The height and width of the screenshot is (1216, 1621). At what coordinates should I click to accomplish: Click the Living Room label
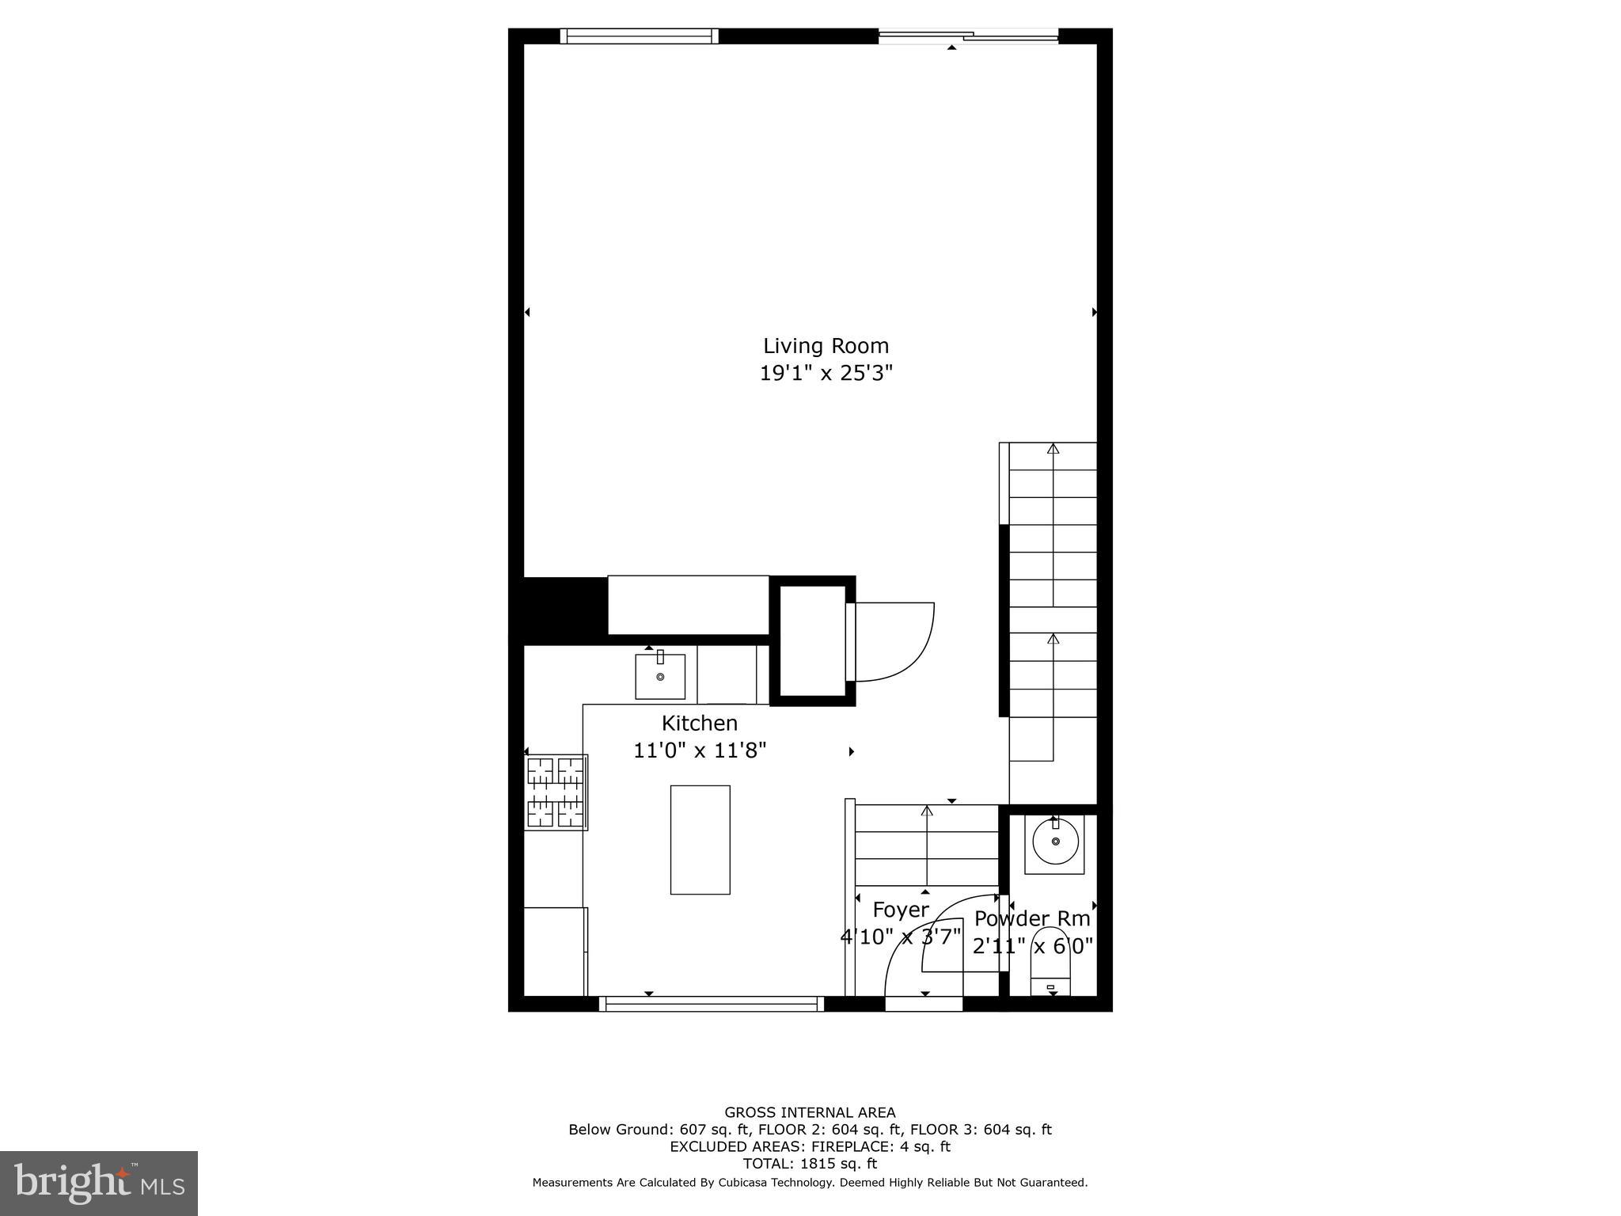(x=826, y=346)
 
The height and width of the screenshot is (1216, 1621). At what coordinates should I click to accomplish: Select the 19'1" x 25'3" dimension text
(x=826, y=373)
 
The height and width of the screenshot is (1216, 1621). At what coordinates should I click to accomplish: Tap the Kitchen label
(x=699, y=723)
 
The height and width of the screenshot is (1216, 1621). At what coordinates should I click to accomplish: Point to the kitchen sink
(x=659, y=676)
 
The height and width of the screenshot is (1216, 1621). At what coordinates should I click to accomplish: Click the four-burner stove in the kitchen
(x=556, y=792)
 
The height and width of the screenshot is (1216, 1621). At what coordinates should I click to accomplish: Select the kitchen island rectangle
(x=700, y=839)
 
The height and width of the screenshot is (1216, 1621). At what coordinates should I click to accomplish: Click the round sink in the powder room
(x=1054, y=842)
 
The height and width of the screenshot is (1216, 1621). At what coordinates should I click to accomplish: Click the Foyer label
(x=900, y=910)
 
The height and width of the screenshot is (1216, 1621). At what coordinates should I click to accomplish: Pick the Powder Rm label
(x=1031, y=918)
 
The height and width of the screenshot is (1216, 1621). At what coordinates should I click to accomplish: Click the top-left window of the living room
(x=639, y=36)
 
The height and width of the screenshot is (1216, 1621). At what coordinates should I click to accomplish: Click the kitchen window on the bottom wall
(x=711, y=1004)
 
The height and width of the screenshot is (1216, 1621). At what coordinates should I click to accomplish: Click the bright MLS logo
(x=99, y=1183)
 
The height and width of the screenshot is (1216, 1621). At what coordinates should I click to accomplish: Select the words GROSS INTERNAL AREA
(x=810, y=1112)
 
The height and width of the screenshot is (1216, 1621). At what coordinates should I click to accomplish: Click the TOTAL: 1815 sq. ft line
(x=810, y=1164)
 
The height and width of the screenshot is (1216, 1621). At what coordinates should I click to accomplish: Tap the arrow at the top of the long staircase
(x=1053, y=449)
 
